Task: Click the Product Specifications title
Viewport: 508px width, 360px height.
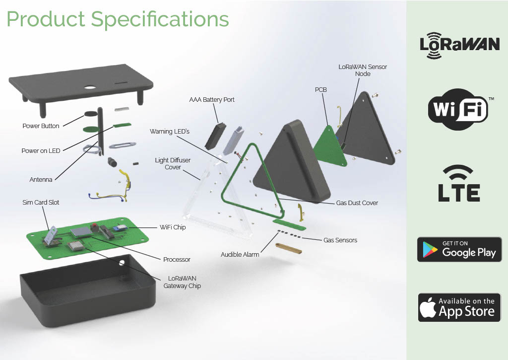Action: (118, 20)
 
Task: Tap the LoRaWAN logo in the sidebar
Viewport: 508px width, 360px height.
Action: (459, 45)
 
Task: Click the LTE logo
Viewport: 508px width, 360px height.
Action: (459, 184)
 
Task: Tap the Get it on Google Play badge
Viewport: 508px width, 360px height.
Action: (459, 249)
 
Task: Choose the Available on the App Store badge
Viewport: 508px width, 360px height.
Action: (459, 307)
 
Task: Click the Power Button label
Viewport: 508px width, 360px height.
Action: (41, 126)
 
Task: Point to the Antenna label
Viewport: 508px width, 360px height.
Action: (41, 180)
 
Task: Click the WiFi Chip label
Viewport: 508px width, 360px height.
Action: (173, 227)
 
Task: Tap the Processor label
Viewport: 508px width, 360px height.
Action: (177, 260)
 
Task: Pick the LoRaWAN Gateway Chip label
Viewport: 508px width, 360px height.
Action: (182, 282)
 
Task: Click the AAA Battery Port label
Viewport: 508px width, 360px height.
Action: (212, 100)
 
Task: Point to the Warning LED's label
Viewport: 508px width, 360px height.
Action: (170, 132)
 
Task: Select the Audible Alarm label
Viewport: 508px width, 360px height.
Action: (240, 255)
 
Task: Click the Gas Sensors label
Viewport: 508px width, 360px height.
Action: (340, 240)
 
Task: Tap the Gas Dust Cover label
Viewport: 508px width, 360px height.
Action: (357, 203)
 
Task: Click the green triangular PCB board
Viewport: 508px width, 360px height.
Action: (329, 146)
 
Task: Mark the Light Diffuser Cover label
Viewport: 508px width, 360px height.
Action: (173, 164)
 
